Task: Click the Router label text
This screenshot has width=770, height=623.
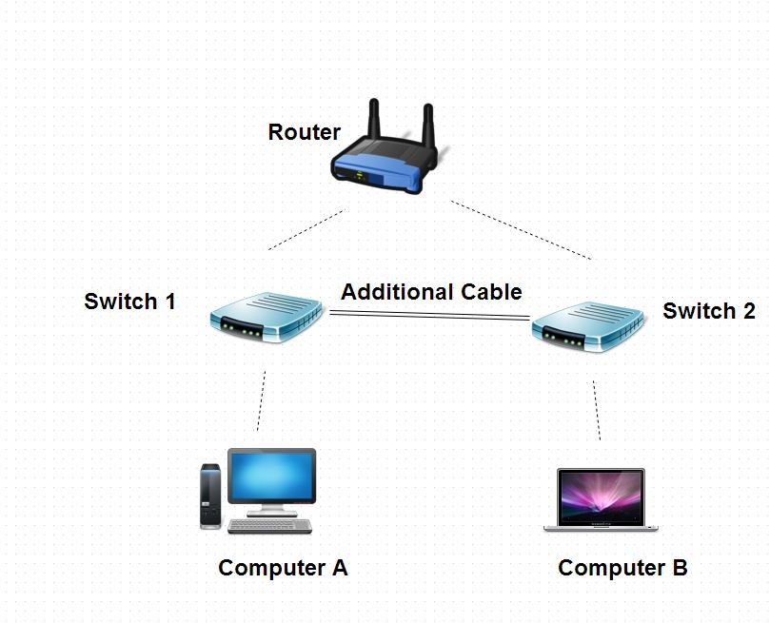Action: [304, 132]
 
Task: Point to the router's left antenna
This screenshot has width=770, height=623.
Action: [374, 119]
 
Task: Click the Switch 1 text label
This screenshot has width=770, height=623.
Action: [129, 302]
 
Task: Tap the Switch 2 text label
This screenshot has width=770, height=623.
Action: [709, 311]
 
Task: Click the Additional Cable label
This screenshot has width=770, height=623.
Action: [431, 292]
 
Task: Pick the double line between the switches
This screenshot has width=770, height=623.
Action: [428, 315]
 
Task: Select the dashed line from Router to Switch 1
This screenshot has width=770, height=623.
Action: [306, 230]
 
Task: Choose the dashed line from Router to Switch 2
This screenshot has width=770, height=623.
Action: [522, 230]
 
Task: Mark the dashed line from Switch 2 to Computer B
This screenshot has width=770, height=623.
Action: [597, 411]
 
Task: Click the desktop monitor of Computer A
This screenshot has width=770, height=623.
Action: [271, 478]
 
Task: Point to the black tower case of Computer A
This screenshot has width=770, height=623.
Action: [210, 495]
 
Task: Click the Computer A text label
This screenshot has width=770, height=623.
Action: [283, 568]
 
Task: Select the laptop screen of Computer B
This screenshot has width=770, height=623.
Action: [602, 496]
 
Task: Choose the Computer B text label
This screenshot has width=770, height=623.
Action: [622, 568]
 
